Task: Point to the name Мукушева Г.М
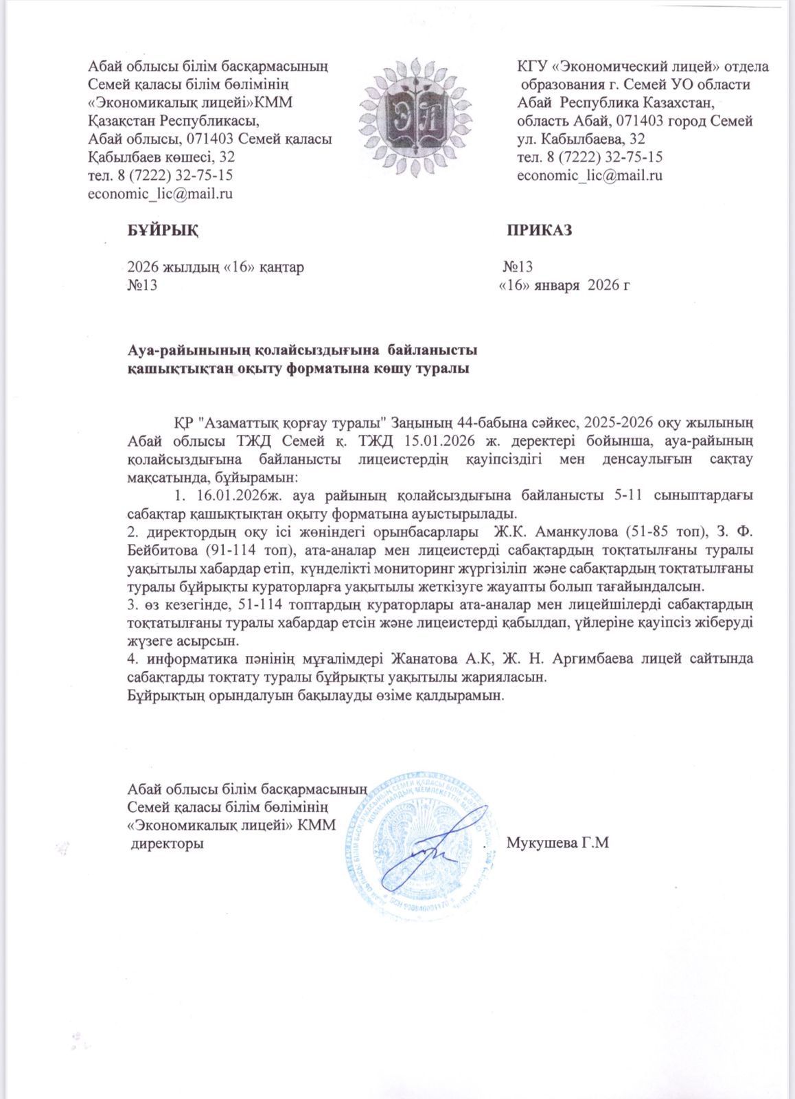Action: (x=557, y=843)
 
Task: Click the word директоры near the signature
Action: (x=168, y=843)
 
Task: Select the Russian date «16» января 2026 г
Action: (x=564, y=286)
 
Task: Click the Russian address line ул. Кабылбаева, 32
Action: (x=581, y=139)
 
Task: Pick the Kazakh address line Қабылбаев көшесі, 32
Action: (x=162, y=157)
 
